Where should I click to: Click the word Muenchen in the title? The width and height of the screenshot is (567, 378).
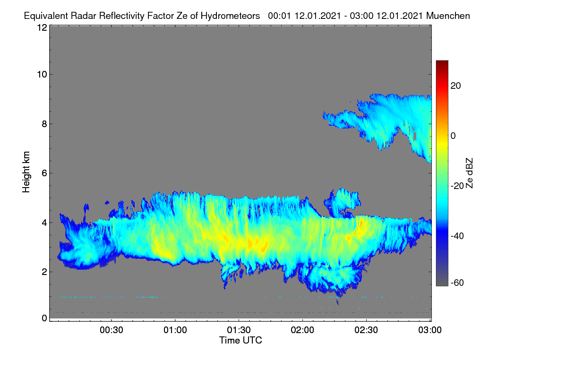point(448,16)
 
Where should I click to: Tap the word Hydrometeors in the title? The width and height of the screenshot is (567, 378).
point(230,16)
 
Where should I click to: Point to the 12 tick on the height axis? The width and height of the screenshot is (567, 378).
point(42,27)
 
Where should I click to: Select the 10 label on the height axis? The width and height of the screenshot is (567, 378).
point(42,75)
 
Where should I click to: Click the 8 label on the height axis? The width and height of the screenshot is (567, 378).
point(44,124)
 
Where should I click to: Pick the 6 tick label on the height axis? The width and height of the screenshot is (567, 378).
point(44,173)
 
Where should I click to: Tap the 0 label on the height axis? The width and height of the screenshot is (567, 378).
point(44,318)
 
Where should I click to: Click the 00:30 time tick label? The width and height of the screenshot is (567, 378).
point(112,330)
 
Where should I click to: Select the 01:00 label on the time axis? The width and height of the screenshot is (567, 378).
point(175,330)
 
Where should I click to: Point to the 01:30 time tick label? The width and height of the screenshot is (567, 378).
point(239,330)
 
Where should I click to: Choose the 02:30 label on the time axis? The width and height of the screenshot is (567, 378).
point(366,330)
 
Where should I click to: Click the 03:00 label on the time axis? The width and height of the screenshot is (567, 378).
point(430,330)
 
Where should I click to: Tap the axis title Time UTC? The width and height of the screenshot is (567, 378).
point(241,340)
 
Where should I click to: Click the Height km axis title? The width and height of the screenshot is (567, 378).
point(26,172)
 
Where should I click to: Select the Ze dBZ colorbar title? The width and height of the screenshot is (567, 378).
point(469,173)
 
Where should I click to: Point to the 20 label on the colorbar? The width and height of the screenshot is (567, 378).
point(455,86)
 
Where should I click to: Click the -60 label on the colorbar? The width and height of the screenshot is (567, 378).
point(457,283)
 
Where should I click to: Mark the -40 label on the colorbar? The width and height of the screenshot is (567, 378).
point(457,236)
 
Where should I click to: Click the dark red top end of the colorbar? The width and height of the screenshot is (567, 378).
point(442,61)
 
